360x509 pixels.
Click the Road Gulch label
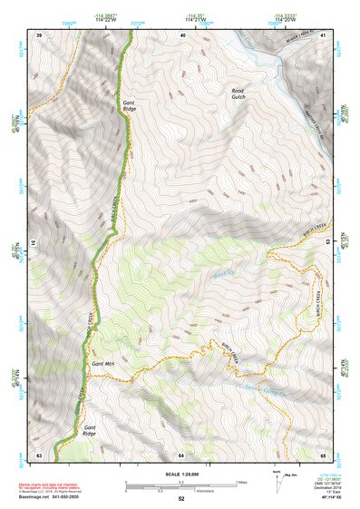(x=238, y=94)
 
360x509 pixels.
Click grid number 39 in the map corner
(x=39, y=34)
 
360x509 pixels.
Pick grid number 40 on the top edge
(x=184, y=34)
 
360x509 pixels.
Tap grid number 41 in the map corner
(x=323, y=34)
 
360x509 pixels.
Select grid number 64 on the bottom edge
(x=181, y=454)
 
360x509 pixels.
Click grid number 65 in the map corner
(x=323, y=454)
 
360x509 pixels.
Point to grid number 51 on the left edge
(x=36, y=243)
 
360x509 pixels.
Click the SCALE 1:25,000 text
(x=180, y=474)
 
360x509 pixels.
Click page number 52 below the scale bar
(x=180, y=500)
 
